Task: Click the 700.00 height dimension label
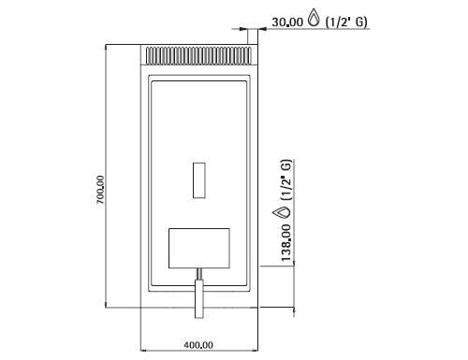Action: [100, 190]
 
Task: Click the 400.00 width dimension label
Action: [198, 345]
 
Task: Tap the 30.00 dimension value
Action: [287, 22]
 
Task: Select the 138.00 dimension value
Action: [286, 243]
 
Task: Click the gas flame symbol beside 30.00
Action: [314, 17]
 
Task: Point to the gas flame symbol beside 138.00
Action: [281, 212]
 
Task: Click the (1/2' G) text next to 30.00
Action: [346, 22]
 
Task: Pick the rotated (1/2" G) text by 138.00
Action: [286, 180]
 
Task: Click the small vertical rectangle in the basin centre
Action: [199, 180]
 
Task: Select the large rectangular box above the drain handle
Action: [199, 248]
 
